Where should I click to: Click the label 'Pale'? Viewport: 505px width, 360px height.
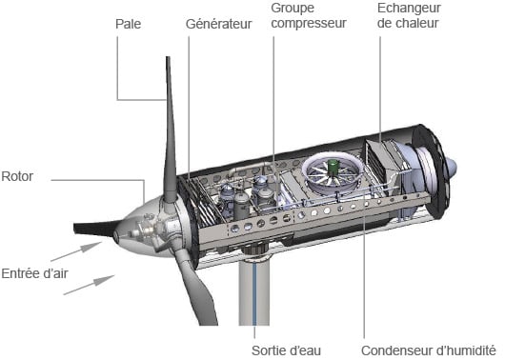click(129, 24)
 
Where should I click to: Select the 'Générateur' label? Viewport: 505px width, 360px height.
click(219, 24)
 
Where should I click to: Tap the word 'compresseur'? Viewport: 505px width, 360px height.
click(309, 23)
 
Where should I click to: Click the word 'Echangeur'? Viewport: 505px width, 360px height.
click(409, 9)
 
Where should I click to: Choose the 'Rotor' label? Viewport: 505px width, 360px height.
click(17, 176)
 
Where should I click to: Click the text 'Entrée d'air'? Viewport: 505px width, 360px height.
click(34, 273)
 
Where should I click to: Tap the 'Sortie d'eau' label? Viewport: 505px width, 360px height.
click(286, 350)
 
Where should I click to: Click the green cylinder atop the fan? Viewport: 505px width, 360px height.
click(333, 167)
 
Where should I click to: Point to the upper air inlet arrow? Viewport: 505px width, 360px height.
click(76, 251)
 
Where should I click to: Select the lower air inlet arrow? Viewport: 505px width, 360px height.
click(89, 285)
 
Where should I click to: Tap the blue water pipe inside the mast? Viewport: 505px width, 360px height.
click(254, 294)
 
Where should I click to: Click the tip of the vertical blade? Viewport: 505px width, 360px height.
click(168, 57)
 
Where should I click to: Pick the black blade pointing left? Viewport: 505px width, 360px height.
click(95, 229)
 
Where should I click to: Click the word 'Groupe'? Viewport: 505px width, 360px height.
click(293, 9)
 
